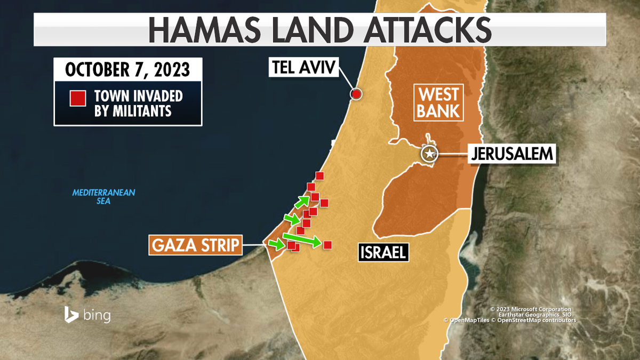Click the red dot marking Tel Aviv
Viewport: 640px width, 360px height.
[x=356, y=94]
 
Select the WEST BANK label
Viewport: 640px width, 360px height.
[x=439, y=103]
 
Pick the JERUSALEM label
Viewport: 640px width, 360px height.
[x=513, y=155]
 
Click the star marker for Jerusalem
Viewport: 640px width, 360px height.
[x=429, y=154]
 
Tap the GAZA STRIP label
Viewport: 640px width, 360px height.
[x=195, y=246]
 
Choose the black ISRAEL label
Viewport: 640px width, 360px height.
[x=382, y=252]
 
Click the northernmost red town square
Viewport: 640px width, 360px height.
[x=319, y=176]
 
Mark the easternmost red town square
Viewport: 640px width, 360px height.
[x=328, y=245]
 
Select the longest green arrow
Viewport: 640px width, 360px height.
[x=302, y=239]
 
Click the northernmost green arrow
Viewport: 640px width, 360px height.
[x=302, y=201]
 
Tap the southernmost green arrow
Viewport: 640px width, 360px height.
[x=276, y=244]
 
